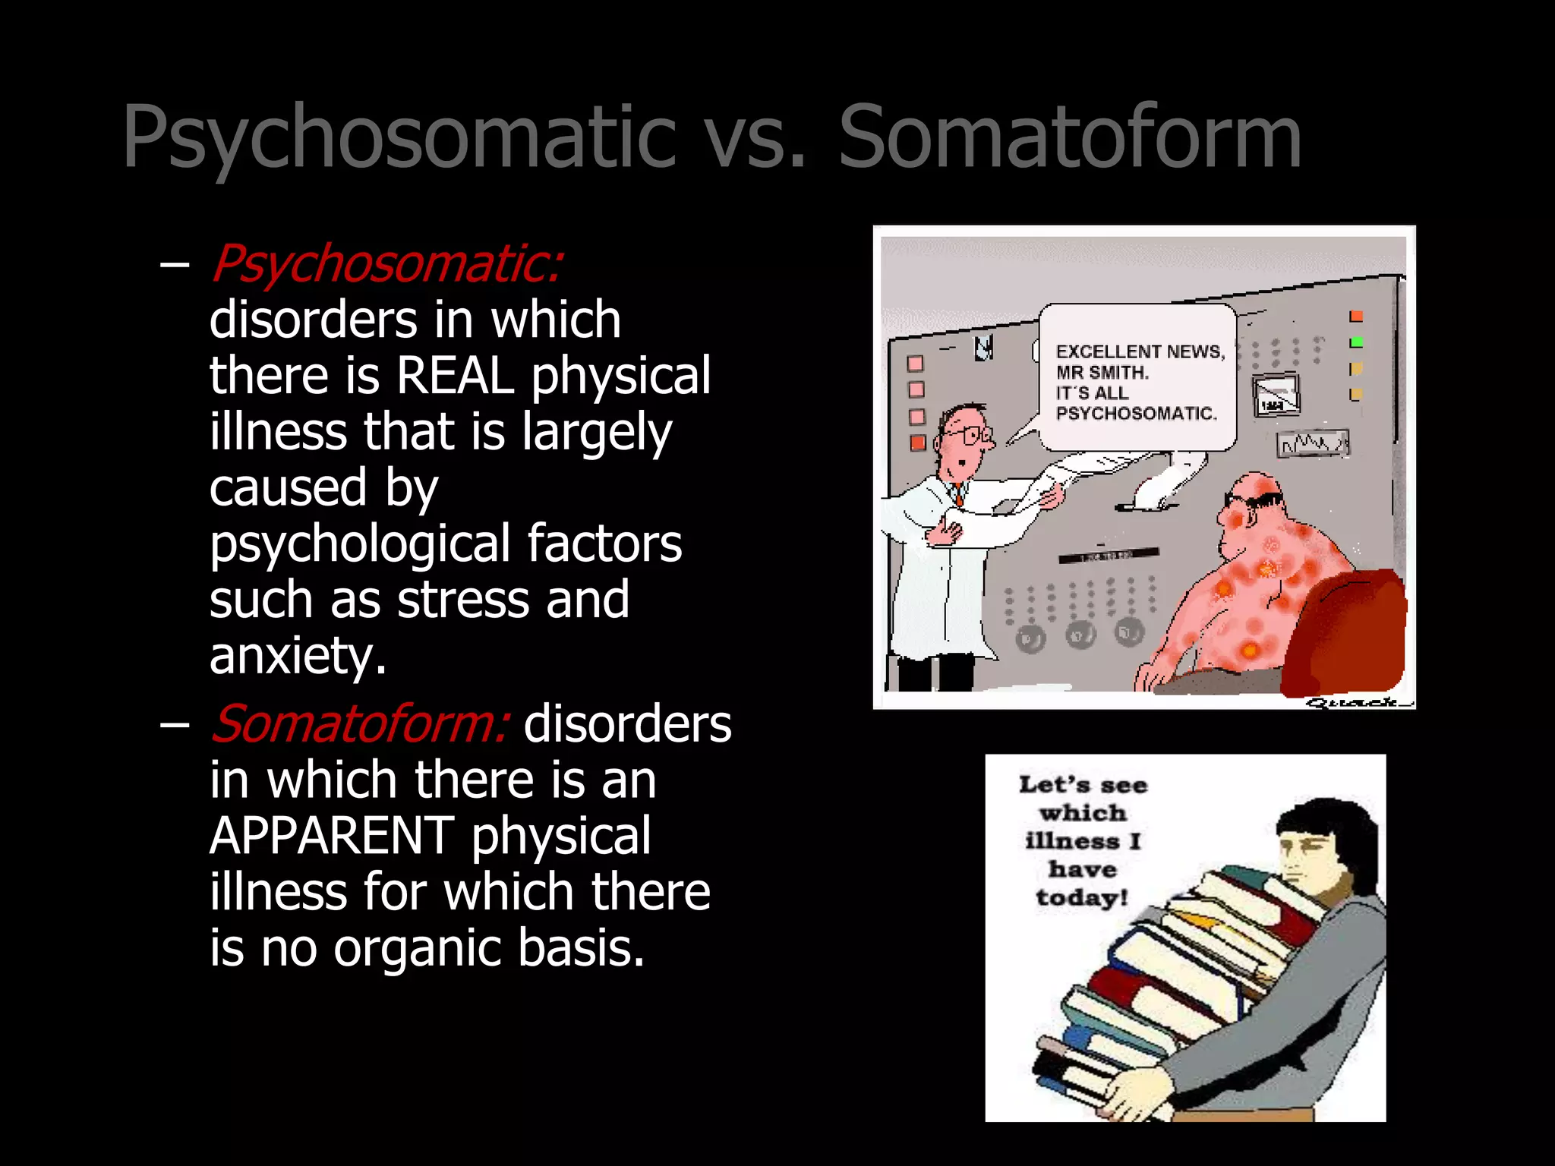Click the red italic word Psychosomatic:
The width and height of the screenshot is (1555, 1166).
(x=386, y=264)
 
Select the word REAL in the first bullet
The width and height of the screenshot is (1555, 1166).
(x=455, y=375)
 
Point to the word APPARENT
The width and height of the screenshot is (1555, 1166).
(x=331, y=836)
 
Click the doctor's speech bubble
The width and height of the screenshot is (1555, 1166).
(x=1137, y=377)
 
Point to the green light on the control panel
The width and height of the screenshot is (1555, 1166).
(x=1356, y=342)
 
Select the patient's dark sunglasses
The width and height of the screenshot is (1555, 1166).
(x=1256, y=500)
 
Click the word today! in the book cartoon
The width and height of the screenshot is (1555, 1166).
(x=1082, y=898)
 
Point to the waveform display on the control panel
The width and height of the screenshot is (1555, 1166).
(x=1312, y=444)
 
